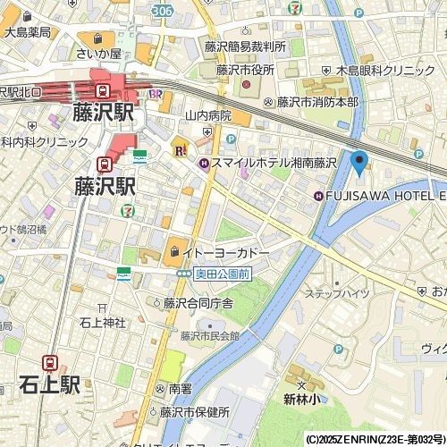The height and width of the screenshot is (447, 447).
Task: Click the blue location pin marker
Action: click(359, 163)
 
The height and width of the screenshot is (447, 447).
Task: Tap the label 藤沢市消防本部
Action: click(316, 102)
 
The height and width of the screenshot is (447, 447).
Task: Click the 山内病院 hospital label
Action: click(207, 115)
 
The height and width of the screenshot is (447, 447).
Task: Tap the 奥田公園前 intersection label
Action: click(217, 274)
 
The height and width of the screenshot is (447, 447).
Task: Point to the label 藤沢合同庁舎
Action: click(198, 303)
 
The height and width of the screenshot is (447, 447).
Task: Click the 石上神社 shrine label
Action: click(102, 323)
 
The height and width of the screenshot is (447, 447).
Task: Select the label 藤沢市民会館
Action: click(210, 336)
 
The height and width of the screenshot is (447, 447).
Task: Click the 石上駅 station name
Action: click(50, 385)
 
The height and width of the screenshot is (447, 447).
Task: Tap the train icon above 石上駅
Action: click(52, 362)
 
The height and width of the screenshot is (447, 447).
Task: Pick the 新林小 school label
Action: click(302, 399)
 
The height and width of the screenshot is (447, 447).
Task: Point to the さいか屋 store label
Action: click(97, 53)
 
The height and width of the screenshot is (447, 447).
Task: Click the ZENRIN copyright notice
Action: click(375, 440)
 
